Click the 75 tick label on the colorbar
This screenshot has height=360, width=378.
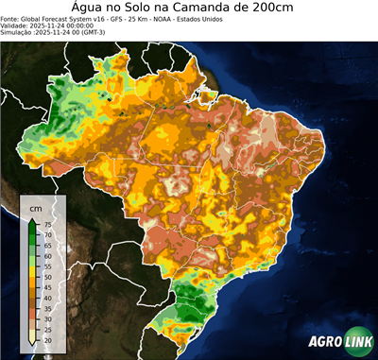click(x=47, y=224)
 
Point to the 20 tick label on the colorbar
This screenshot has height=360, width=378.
click(x=47, y=339)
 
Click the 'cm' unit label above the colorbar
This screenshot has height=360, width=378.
click(x=35, y=207)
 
